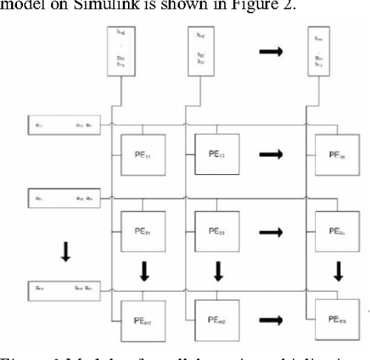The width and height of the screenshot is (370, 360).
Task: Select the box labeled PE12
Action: click(x=217, y=155)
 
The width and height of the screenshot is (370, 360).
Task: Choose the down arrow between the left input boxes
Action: click(x=65, y=253)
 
